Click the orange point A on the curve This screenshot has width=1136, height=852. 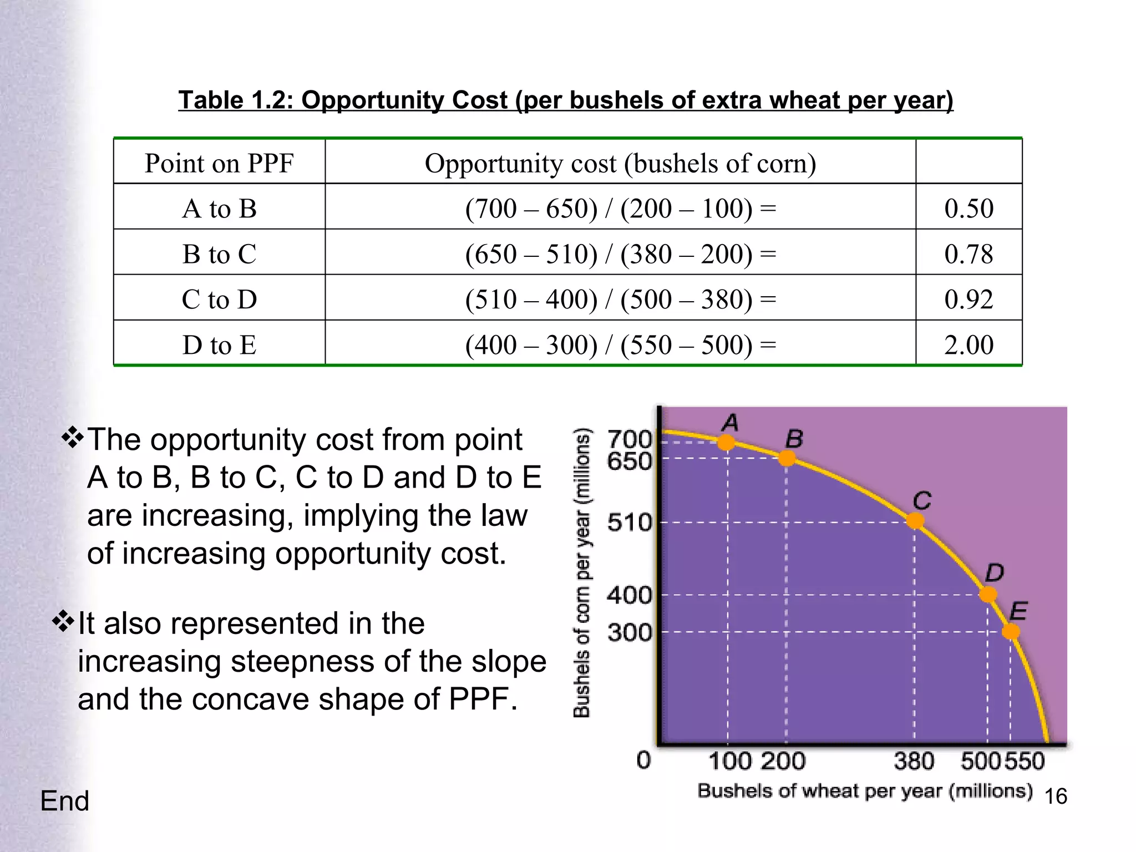coord(727,443)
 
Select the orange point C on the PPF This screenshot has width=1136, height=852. coord(915,521)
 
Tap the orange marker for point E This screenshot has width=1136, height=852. coord(1011,631)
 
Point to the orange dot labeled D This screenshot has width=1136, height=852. coord(988,595)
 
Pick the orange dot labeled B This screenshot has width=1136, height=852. coord(787,458)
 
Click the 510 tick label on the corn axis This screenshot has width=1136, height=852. coord(629,523)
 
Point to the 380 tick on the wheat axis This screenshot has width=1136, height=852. coord(914,761)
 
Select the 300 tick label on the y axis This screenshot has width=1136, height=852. coord(629,632)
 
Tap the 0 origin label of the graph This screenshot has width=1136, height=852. coord(643,760)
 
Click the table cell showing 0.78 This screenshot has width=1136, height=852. coord(968,254)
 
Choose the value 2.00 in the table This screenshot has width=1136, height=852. coord(968,345)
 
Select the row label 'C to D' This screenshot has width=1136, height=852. coord(219,300)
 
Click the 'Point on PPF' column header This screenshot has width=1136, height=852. coord(219,164)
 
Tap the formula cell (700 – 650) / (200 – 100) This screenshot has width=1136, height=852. coord(620,209)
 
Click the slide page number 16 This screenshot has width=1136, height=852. coord(1056,797)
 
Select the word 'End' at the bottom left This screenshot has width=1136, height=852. coord(65,801)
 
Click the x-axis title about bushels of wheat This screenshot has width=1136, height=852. coord(865,791)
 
